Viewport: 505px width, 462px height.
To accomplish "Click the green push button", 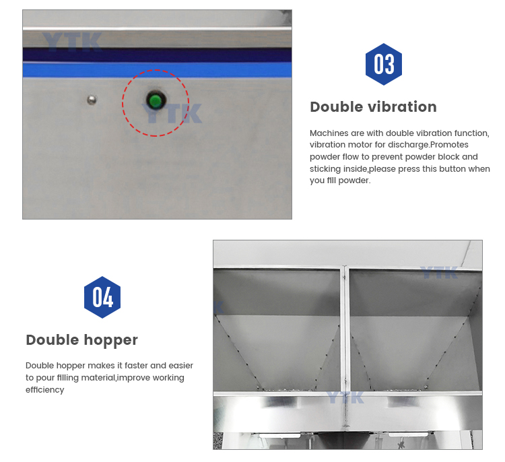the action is (156, 100).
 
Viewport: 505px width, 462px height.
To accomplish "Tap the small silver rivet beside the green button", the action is (92, 100).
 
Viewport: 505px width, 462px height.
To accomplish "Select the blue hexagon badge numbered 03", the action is (384, 64).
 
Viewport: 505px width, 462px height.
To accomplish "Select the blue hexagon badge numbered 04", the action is (102, 297).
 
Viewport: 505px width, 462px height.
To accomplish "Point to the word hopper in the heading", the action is (111, 340).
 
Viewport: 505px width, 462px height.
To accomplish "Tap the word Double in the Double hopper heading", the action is (52, 340).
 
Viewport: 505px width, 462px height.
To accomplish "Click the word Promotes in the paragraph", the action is (449, 145).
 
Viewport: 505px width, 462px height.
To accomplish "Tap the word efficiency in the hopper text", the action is (44, 390).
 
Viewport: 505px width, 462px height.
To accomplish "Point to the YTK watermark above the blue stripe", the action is (72, 42).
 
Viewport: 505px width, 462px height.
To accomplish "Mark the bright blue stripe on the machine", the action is (157, 70).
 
